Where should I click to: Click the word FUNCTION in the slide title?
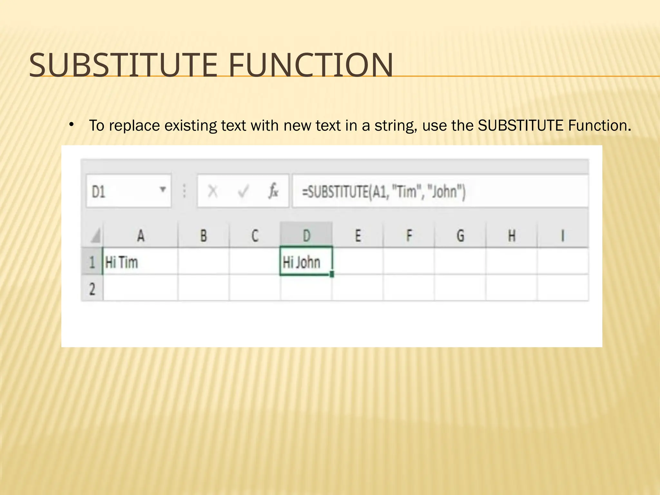[x=311, y=65]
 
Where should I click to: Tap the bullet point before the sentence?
[x=72, y=124]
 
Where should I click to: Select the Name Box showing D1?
[x=122, y=191]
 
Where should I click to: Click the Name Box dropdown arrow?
[x=163, y=189]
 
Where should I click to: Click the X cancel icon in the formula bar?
[x=213, y=191]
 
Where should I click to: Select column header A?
[x=141, y=236]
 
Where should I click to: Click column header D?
[x=306, y=236]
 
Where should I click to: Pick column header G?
[x=460, y=236]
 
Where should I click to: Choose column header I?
[x=563, y=236]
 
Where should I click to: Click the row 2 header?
[x=92, y=288]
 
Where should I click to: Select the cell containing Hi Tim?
[x=140, y=262]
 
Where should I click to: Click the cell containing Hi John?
[x=306, y=262]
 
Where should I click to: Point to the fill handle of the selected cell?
[x=332, y=275]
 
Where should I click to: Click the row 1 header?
[x=92, y=262]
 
